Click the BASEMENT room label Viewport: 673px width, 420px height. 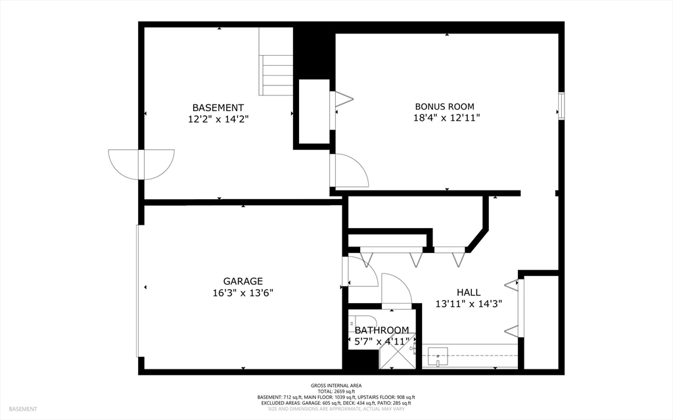point(218,107)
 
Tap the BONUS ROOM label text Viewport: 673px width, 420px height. point(444,106)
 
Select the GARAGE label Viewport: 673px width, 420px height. point(243,281)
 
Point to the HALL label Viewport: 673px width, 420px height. point(468,292)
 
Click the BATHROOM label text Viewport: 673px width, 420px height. point(382,330)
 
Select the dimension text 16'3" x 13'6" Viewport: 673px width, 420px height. point(243,292)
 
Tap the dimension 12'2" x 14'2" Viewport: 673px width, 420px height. point(218,119)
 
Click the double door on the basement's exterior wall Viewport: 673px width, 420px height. point(141,164)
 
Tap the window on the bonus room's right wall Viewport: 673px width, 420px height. point(561,106)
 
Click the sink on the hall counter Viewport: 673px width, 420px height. point(438,357)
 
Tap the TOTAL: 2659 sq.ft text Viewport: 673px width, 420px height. point(336,391)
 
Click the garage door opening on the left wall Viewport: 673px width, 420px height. point(138,291)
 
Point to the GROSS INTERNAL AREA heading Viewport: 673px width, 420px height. point(336,385)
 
